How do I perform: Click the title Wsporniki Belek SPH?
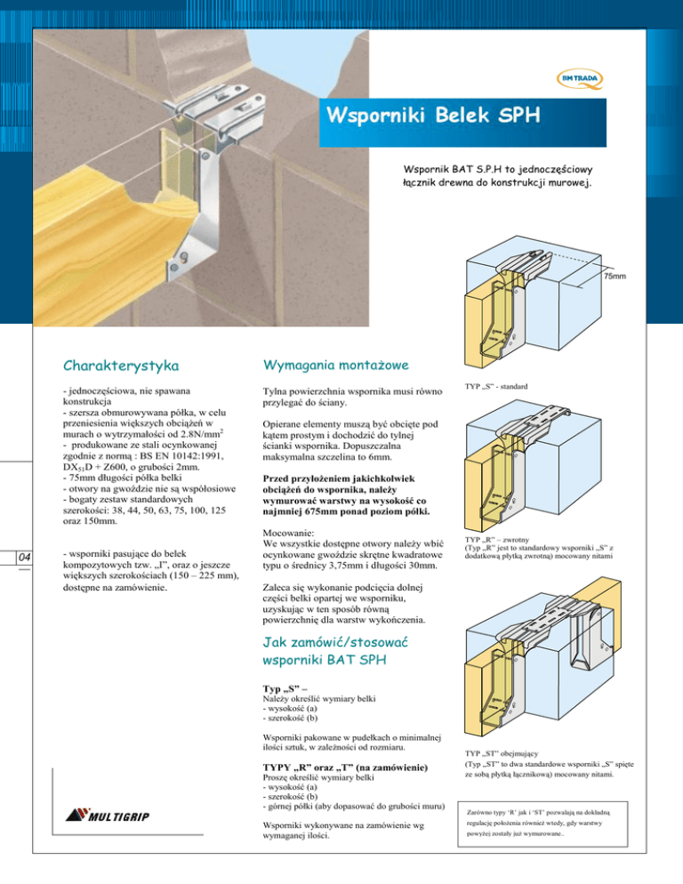coord(434,117)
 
